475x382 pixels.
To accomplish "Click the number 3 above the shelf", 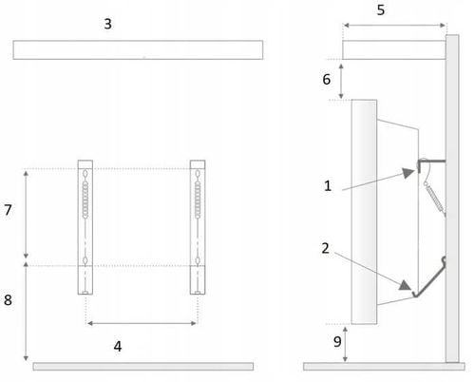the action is pos(108,24).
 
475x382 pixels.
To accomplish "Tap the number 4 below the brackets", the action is pos(118,347).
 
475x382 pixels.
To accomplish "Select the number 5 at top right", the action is pos(381,10).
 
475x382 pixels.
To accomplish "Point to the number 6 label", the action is pos(327,79).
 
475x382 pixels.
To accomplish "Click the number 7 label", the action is pos(8,210).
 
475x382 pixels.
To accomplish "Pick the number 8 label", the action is pos(8,300).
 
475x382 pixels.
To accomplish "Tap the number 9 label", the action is pos(337,342).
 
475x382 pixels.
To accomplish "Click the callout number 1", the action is pos(328,186).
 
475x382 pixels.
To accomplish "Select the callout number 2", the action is pos(325,248).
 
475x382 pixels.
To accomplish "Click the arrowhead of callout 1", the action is pos(408,173).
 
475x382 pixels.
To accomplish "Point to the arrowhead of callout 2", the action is pos(405,285).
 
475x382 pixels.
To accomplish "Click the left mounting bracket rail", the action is pos(85,227).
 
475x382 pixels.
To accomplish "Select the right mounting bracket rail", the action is pos(198,227).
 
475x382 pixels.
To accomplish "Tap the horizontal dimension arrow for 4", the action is pos(142,323).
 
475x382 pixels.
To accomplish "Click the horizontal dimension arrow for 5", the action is pos(394,26).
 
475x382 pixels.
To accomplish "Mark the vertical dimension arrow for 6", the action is pos(341,81).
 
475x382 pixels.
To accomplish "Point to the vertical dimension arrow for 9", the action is pos(345,345).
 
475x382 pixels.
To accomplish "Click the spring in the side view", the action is pos(435,198).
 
